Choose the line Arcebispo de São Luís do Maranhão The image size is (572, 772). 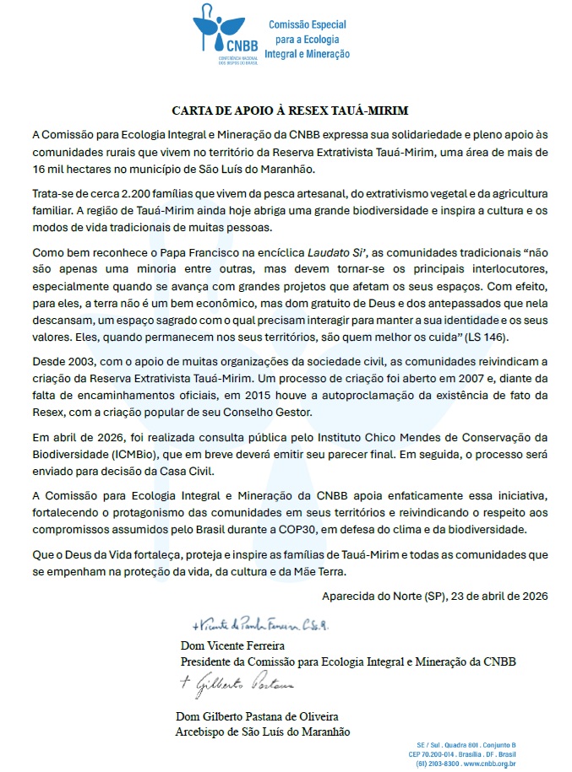[262, 732]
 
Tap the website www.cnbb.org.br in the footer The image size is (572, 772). [489, 763]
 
